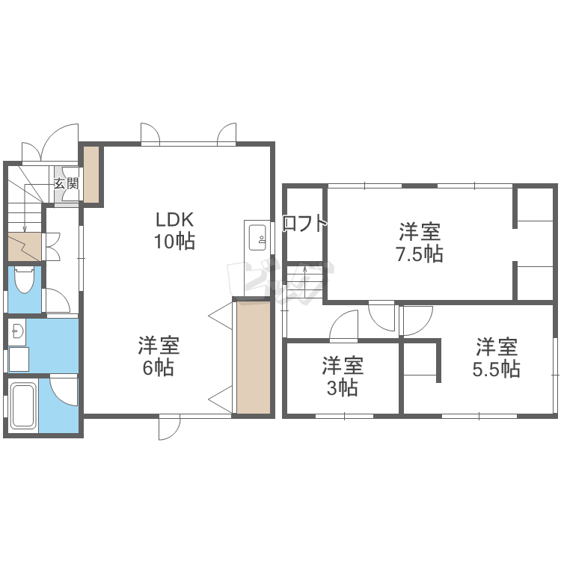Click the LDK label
pyautogui.click(x=174, y=220)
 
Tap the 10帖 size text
pyautogui.click(x=174, y=241)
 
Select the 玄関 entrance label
pyautogui.click(x=66, y=183)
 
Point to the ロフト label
pyautogui.click(x=305, y=224)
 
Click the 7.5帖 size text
pyautogui.click(x=420, y=254)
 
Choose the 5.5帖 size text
pyautogui.click(x=496, y=369)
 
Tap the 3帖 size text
pyautogui.click(x=343, y=387)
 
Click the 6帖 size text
pyautogui.click(x=159, y=368)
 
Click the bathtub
pyautogui.click(x=24, y=405)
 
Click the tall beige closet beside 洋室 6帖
pyautogui.click(x=254, y=358)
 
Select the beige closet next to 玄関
pyautogui.click(x=91, y=174)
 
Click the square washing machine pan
pyautogui.click(x=19, y=359)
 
